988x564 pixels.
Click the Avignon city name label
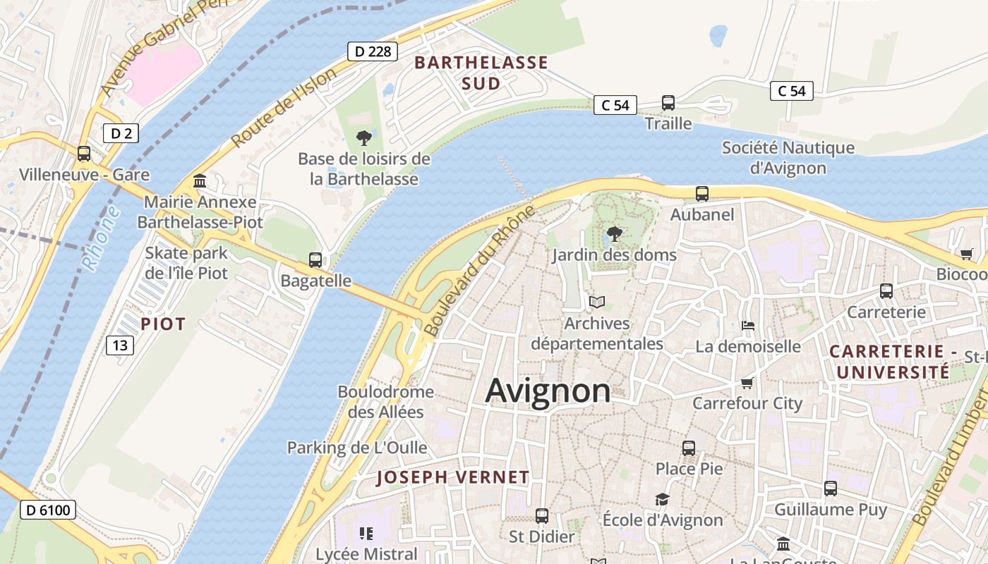tap(548, 391)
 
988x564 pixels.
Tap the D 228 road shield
tap(373, 51)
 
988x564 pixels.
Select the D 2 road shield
tap(121, 133)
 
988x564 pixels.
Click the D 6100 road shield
tap(47, 510)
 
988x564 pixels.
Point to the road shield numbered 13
tap(120, 345)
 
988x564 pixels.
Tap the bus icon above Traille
tap(668, 103)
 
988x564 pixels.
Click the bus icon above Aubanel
tap(701, 194)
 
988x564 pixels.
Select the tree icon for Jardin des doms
tap(614, 234)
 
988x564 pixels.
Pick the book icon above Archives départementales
tap(597, 302)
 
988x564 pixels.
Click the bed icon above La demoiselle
tap(748, 326)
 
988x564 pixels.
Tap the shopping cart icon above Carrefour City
tap(747, 383)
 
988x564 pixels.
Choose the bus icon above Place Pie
tap(689, 448)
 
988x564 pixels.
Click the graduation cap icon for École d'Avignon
tap(662, 500)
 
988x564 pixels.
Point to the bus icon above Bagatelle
tap(315, 260)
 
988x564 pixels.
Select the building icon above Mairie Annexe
tap(200, 182)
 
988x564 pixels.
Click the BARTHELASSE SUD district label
tap(481, 73)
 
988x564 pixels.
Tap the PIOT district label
tap(163, 324)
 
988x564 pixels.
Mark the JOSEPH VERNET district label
tap(452, 477)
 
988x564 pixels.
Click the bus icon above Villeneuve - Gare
tap(84, 154)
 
